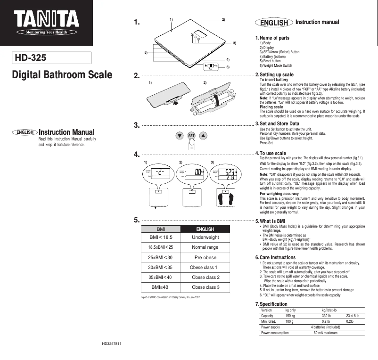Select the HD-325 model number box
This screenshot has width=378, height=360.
(x=51, y=58)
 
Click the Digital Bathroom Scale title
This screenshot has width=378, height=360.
(x=62, y=75)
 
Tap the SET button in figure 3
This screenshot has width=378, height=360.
(x=191, y=136)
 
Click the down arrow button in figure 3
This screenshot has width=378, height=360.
(x=179, y=136)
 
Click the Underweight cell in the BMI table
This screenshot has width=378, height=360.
(x=205, y=237)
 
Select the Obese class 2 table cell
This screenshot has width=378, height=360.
(x=205, y=278)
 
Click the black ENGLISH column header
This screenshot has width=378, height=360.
(x=205, y=229)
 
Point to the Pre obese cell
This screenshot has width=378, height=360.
(x=205, y=258)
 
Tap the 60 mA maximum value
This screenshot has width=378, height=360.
(x=325, y=333)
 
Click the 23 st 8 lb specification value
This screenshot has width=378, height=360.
(x=353, y=316)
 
